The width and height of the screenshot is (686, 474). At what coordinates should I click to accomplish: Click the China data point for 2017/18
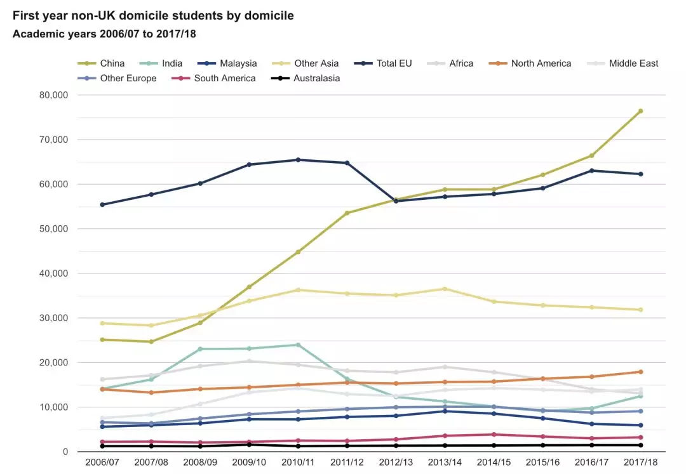pos(640,112)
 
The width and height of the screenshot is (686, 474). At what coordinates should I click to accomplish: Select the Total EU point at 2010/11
pos(299,160)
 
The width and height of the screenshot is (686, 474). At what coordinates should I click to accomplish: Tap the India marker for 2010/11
pos(299,345)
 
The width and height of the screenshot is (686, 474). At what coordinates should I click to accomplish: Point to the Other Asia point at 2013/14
pos(445,289)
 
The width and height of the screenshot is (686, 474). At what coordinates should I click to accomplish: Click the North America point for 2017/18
pos(640,372)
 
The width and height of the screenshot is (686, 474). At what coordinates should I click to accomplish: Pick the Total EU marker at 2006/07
pos(102,205)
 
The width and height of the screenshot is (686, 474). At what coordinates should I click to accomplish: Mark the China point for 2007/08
pos(151,341)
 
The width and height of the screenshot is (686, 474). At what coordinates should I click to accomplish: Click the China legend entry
pos(101,63)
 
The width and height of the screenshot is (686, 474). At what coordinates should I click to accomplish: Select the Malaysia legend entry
pos(227,63)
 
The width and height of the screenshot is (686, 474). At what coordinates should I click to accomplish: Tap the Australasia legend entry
pos(306,78)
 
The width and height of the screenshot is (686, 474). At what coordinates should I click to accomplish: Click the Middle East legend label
pos(633,63)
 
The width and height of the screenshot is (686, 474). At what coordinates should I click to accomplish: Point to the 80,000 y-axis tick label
pos(54,95)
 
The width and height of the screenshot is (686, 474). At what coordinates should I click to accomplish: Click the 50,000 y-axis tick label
pos(54,229)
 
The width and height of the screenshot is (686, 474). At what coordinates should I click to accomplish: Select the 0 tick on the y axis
pos(65,452)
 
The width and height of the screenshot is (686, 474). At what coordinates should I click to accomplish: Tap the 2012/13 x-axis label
pos(396,462)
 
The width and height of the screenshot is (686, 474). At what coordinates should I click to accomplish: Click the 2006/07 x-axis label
pos(102,462)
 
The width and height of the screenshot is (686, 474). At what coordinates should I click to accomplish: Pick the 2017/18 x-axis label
pos(640,462)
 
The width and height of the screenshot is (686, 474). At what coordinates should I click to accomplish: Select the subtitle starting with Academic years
pos(104,34)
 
